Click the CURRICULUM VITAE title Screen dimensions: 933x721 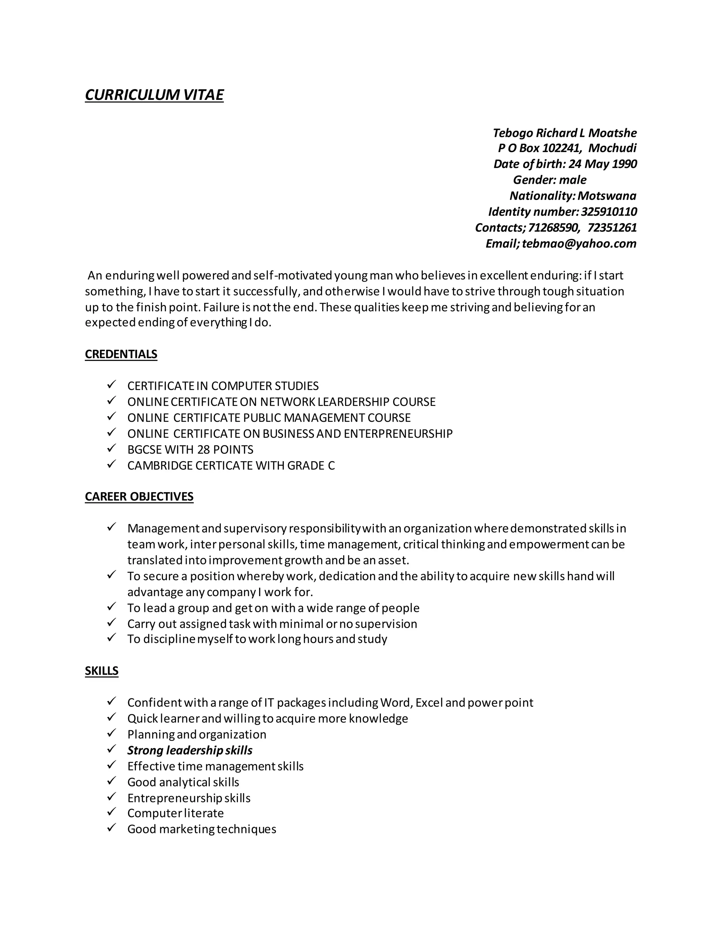(x=154, y=95)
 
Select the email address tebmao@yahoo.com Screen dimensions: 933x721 (x=579, y=244)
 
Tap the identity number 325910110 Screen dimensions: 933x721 (x=609, y=212)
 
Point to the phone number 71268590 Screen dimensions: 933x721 (x=553, y=227)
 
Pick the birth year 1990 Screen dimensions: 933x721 (x=624, y=164)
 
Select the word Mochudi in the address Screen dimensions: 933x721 (x=612, y=148)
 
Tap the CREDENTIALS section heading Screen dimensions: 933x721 (x=121, y=354)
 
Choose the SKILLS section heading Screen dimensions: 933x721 (x=102, y=671)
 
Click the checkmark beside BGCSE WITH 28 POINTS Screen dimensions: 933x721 (x=112, y=448)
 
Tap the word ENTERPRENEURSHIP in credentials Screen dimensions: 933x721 (x=398, y=434)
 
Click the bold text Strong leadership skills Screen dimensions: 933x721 (x=190, y=750)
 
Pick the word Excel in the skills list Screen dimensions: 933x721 (x=428, y=703)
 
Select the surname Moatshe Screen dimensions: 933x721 (x=612, y=133)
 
